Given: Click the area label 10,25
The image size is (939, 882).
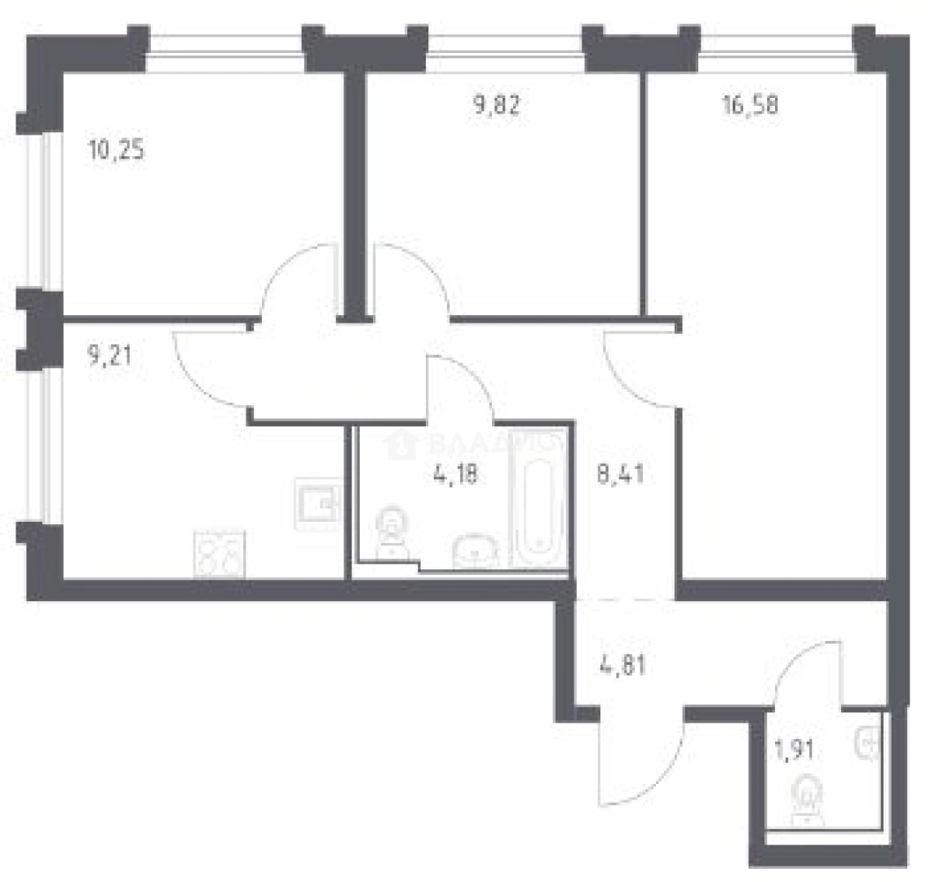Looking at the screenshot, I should click(x=116, y=151).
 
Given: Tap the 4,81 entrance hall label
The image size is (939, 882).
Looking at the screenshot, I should click(x=623, y=665).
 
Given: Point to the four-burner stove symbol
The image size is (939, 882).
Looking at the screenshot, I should click(x=219, y=555).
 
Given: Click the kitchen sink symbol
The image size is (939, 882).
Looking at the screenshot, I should click(x=318, y=503).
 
